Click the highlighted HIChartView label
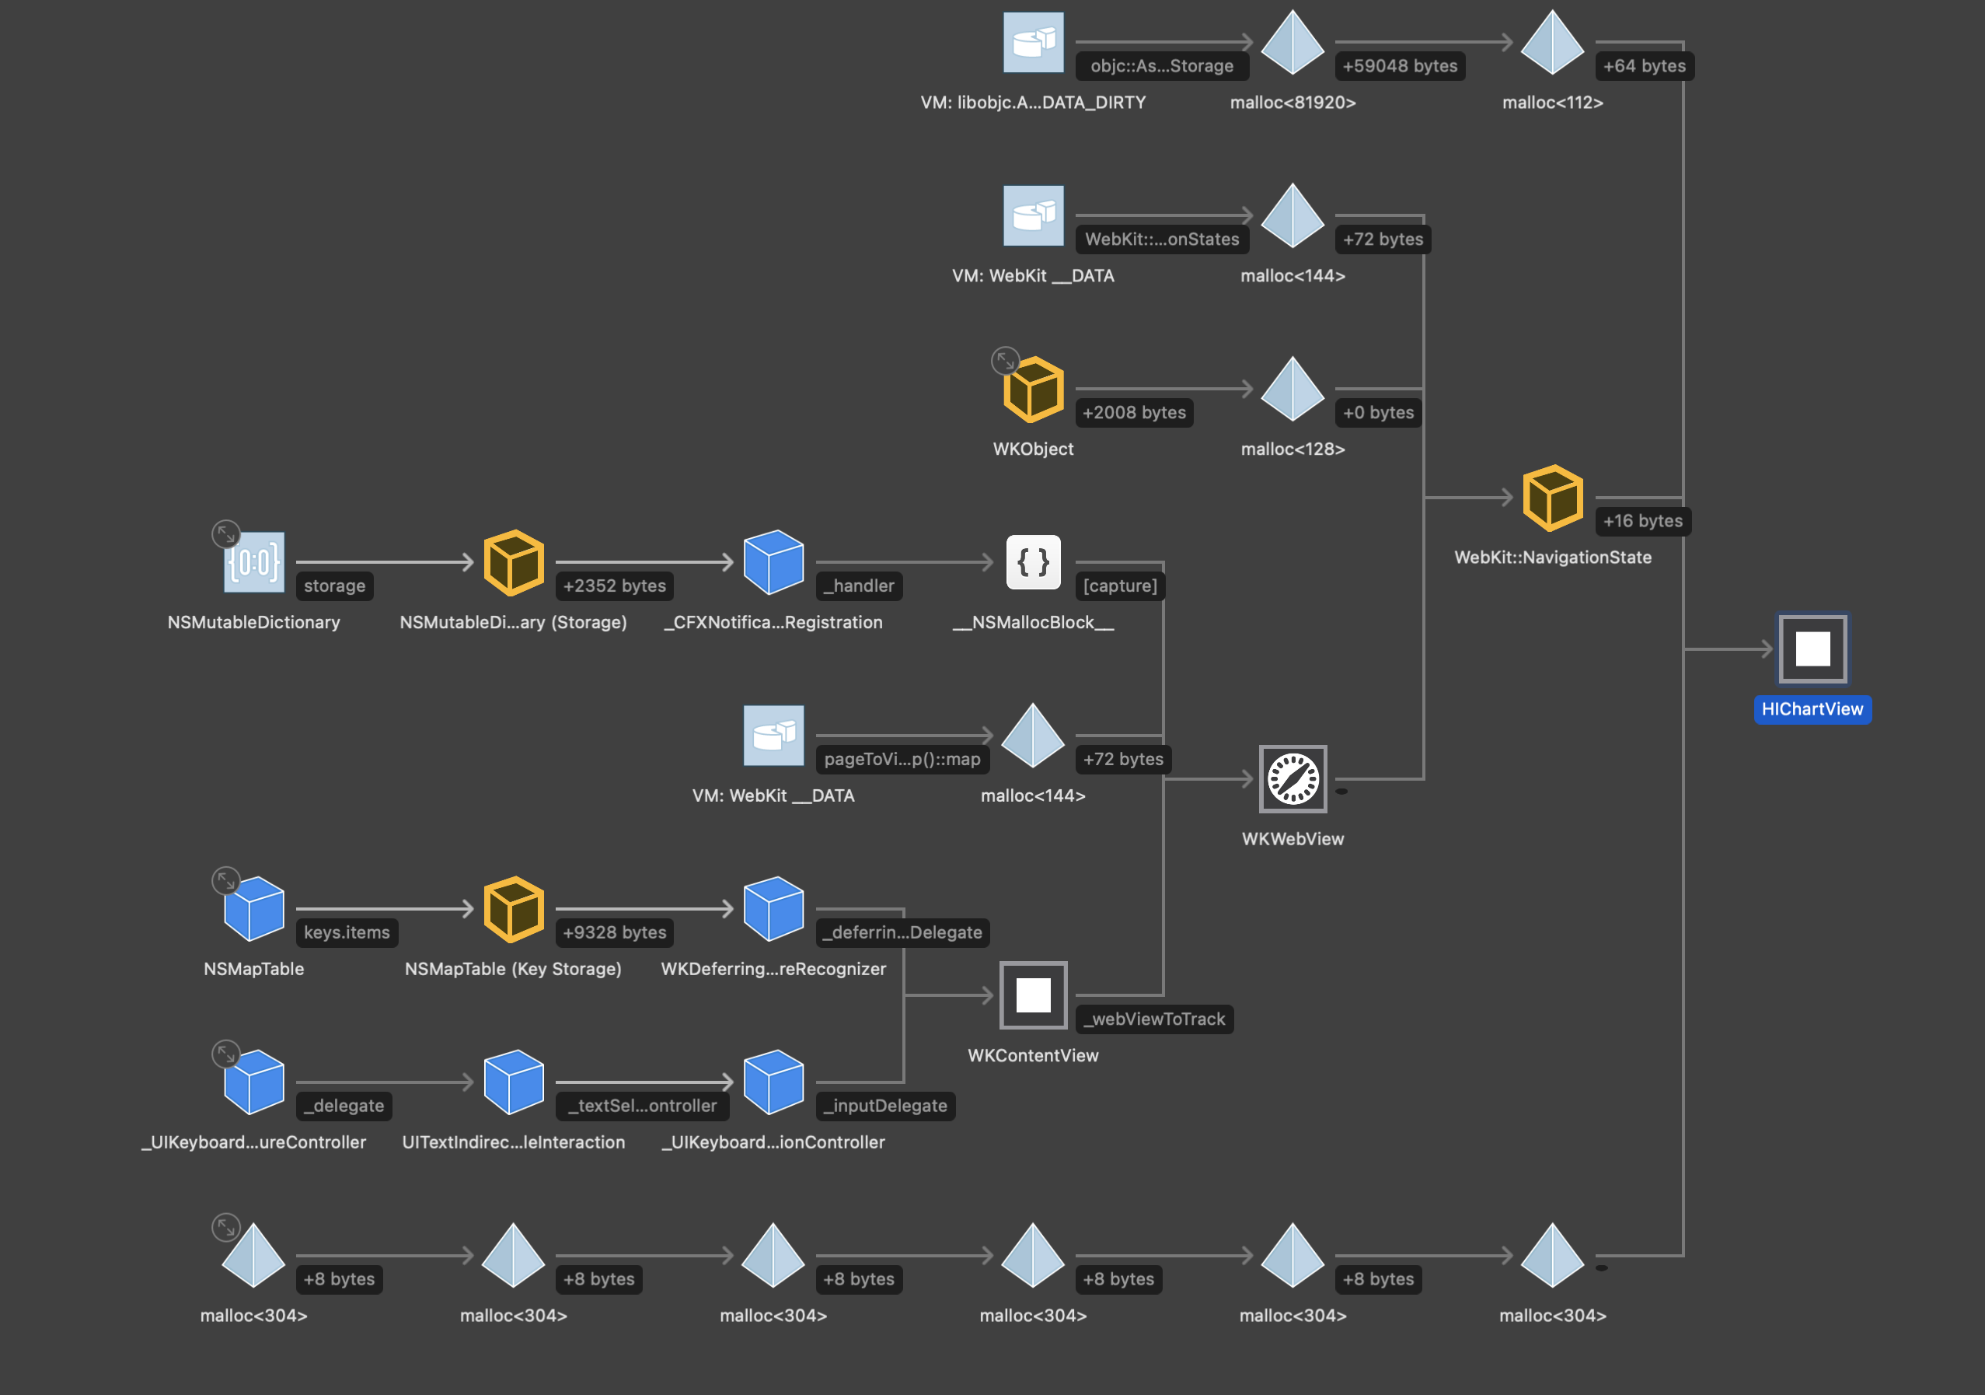pyautogui.click(x=1812, y=709)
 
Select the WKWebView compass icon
pyautogui.click(x=1293, y=779)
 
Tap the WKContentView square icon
pyautogui.click(x=1033, y=995)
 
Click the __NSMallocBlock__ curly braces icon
pyautogui.click(x=1033, y=562)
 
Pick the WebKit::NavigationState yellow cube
pyautogui.click(x=1552, y=498)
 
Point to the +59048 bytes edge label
pyautogui.click(x=1399, y=67)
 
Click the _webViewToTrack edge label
pyautogui.click(x=1154, y=1019)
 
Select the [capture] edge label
pyautogui.click(x=1120, y=586)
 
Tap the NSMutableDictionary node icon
pyautogui.click(x=254, y=562)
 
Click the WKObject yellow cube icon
pyautogui.click(x=1033, y=390)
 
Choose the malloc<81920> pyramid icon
pyautogui.click(x=1293, y=44)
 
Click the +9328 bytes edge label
pyautogui.click(x=614, y=933)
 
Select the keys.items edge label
pyautogui.click(x=347, y=933)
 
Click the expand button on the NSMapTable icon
pyautogui.click(x=225, y=880)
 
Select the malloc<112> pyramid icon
pyautogui.click(x=1552, y=44)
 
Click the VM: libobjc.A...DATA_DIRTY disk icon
pyautogui.click(x=1033, y=44)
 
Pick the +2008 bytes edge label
pyautogui.click(x=1133, y=414)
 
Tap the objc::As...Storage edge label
pyautogui.click(x=1161, y=67)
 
